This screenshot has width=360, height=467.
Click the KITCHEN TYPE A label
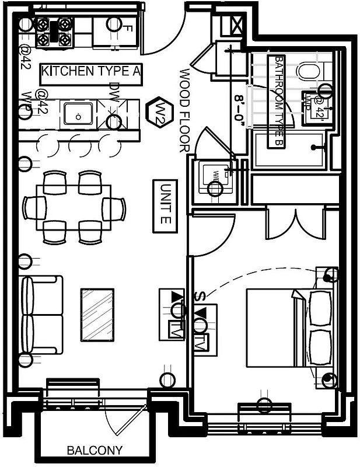pyautogui.click(x=91, y=72)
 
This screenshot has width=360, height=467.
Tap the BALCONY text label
pyautogui.click(x=95, y=450)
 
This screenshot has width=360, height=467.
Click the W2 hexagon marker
pyautogui.click(x=158, y=111)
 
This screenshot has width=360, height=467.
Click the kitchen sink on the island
pyautogui.click(x=76, y=113)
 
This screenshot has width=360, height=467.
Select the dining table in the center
pyautogui.click(x=74, y=207)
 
